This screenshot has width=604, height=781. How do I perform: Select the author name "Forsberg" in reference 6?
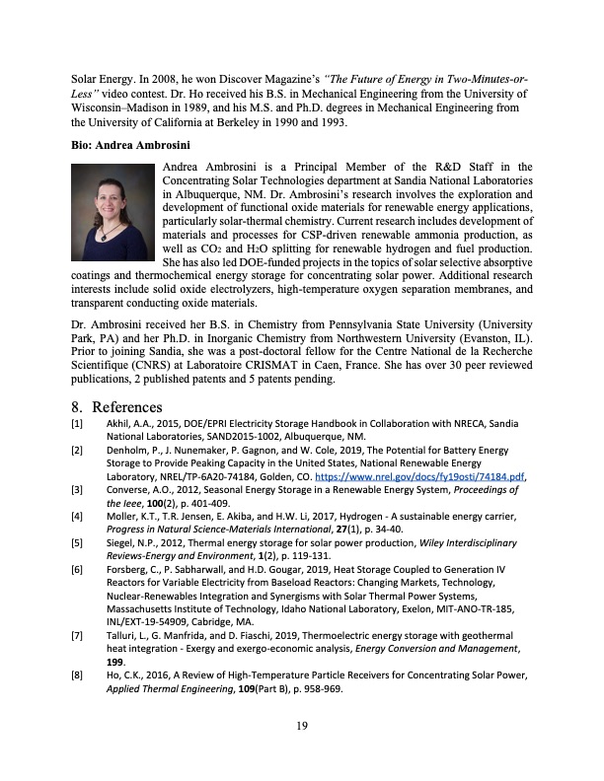click(129, 570)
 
